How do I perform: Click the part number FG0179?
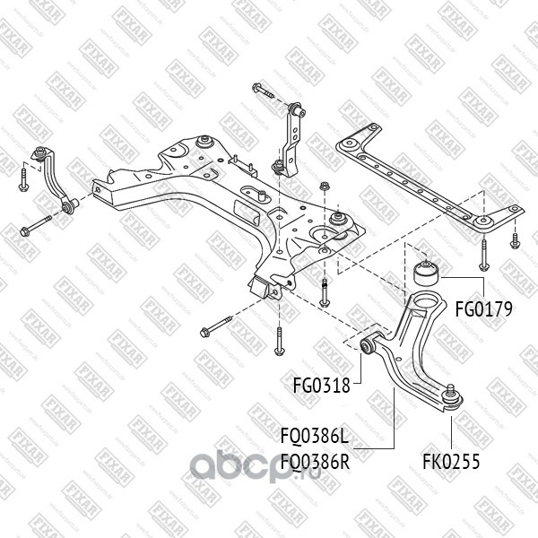point(482,310)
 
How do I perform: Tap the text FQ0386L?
point(313,438)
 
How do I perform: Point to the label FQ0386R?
point(313,463)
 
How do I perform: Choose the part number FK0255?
point(452,463)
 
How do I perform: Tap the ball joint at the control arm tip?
point(451,395)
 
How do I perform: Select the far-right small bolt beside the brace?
point(515,240)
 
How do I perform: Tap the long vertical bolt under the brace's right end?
point(482,256)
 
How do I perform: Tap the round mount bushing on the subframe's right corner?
point(339,218)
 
